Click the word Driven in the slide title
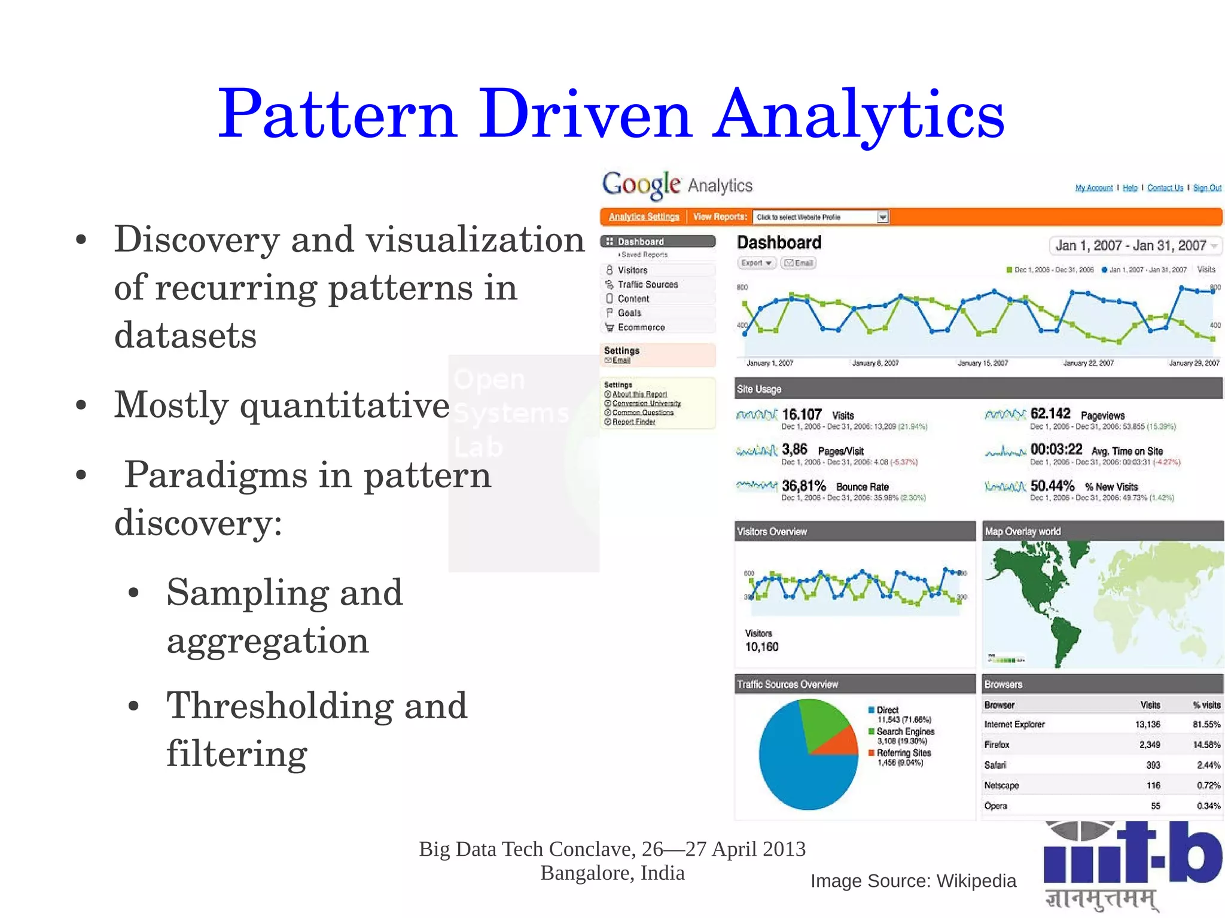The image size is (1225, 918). tap(585, 114)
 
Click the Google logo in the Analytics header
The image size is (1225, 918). tap(641, 185)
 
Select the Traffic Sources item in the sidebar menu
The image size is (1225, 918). tap(647, 285)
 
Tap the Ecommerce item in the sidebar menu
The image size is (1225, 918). tap(641, 328)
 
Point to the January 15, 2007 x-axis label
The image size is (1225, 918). tap(982, 363)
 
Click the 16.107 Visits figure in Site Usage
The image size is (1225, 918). tap(802, 414)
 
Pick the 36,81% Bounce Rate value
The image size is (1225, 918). tap(803, 486)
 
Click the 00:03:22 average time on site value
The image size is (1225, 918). tap(1056, 450)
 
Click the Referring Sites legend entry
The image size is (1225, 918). tap(903, 753)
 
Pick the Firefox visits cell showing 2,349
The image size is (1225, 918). tap(1149, 745)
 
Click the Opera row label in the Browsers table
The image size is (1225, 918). tap(996, 806)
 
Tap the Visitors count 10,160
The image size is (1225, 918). tap(761, 647)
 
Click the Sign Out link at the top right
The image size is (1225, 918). tap(1206, 188)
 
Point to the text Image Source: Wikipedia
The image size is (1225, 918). tap(913, 881)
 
